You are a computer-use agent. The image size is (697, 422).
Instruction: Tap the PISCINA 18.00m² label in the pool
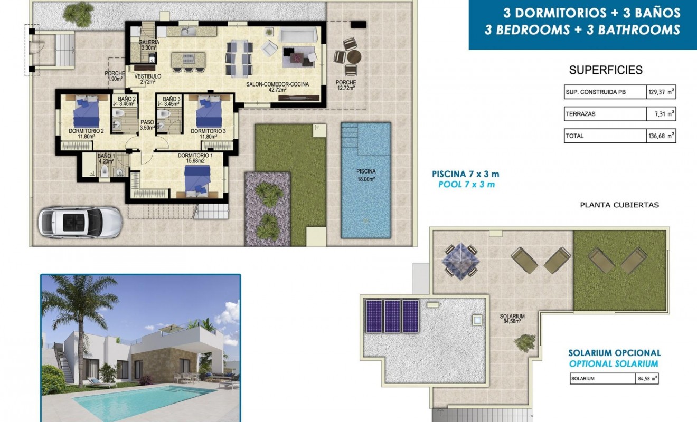tap(365, 175)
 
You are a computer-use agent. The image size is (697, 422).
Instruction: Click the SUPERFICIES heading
tap(606, 70)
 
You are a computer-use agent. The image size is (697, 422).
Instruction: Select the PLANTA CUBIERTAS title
tap(619, 205)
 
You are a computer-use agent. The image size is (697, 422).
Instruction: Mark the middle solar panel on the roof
tap(392, 316)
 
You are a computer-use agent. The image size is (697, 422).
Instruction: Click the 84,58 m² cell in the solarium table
tap(646, 378)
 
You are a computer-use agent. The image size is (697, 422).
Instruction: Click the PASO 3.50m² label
tap(147, 124)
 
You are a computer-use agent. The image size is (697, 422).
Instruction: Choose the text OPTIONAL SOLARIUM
tap(614, 363)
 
